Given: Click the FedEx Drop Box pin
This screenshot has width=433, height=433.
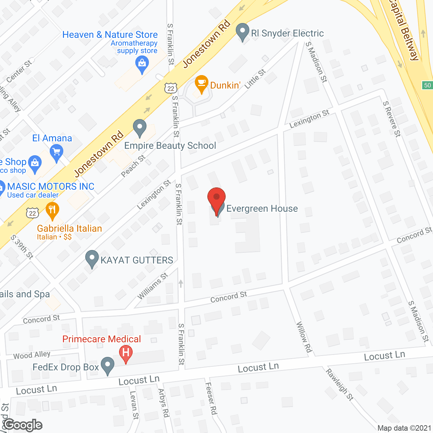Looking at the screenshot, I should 108,366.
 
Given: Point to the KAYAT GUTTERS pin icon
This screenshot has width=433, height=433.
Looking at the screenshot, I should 92,259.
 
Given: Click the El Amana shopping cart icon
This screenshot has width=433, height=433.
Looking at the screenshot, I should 56,153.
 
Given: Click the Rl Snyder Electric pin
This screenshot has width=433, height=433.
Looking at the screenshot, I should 242,31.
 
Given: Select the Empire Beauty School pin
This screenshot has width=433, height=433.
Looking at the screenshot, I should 139,128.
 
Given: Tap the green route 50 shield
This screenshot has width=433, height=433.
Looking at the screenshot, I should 427,85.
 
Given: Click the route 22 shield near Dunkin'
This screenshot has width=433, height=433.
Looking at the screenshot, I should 171,88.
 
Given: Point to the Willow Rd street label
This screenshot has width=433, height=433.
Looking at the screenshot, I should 304,337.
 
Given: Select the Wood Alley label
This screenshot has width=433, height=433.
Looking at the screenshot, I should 32,355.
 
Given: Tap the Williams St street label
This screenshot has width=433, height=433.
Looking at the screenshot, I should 153,286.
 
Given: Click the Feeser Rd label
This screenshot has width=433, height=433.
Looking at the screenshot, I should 211,398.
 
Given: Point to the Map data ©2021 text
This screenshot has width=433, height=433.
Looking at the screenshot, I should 404,428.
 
